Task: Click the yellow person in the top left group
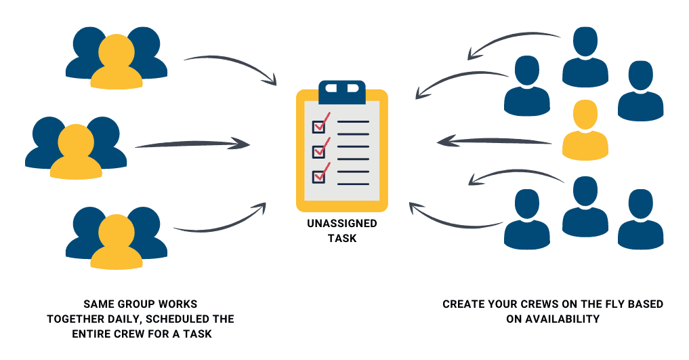[117, 64]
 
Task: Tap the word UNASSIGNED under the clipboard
[341, 224]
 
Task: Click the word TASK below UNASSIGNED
[341, 239]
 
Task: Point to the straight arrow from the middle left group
[192, 144]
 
